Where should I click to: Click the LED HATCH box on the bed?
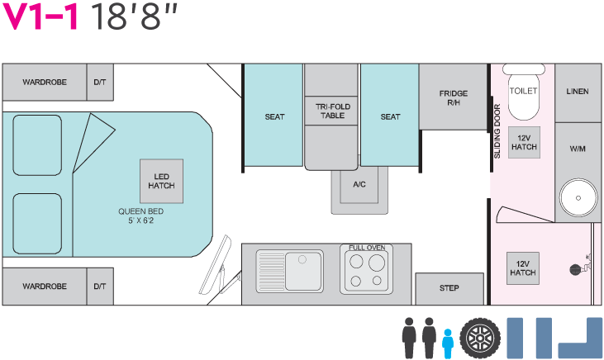[161, 181]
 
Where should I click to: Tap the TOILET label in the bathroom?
[523, 91]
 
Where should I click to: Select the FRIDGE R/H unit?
[454, 97]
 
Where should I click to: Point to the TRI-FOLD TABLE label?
[333, 111]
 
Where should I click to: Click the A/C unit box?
[359, 185]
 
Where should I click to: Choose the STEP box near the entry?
[449, 289]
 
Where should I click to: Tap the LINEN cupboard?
[578, 92]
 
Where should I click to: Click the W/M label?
[578, 149]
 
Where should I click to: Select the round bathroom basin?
[578, 198]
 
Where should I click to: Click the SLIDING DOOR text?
[497, 131]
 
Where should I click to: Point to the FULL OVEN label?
[367, 248]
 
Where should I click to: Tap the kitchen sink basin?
[303, 271]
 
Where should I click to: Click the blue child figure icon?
[447, 343]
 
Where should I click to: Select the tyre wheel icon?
[480, 339]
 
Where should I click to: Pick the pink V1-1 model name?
[40, 17]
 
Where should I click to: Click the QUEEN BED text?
[141, 211]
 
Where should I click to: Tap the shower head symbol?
[575, 269]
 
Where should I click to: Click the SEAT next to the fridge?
[390, 115]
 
